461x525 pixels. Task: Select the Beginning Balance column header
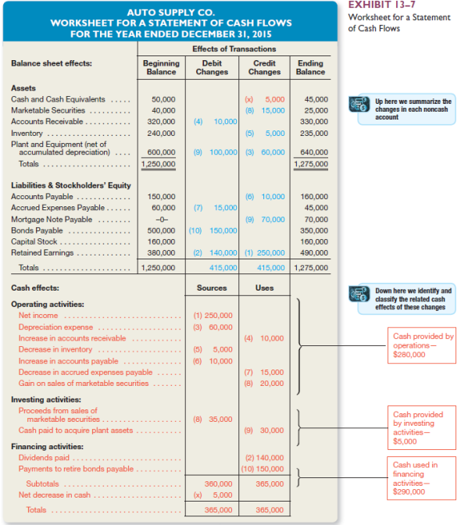point(161,67)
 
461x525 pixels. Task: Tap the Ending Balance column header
point(310,67)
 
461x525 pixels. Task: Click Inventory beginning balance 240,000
point(162,133)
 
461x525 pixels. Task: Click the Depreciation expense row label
point(55,327)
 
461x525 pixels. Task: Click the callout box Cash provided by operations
point(423,345)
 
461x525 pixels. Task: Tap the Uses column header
point(263,287)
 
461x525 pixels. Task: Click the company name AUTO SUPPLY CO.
point(170,12)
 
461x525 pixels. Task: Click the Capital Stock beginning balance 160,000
point(162,241)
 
